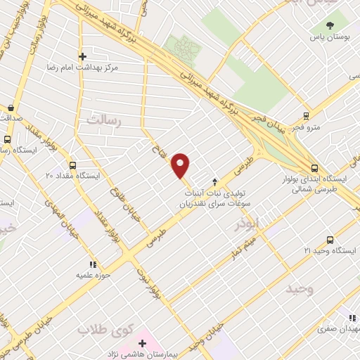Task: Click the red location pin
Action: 181,165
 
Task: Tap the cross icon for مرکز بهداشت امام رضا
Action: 82,56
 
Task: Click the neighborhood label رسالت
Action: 103,121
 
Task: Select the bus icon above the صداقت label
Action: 11,108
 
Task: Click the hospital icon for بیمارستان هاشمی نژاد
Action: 143,343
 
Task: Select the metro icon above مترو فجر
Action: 305,116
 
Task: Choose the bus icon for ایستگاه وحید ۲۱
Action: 330,240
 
